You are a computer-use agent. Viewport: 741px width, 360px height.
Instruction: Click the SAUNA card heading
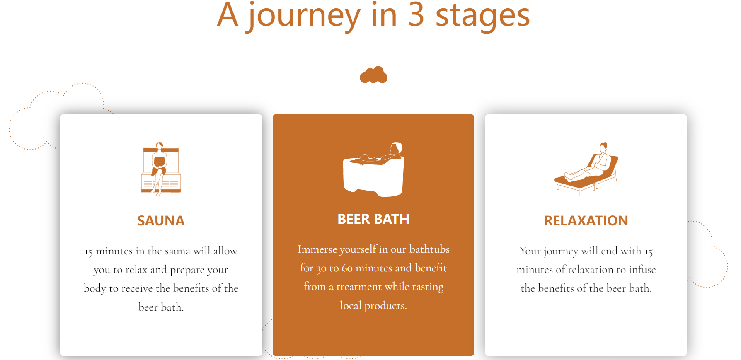pos(161,220)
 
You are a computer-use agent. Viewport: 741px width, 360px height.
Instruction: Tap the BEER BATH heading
pos(373,219)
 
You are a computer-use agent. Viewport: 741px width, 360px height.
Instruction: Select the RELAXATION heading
pos(586,220)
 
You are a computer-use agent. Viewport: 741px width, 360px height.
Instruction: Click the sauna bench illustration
pos(161,169)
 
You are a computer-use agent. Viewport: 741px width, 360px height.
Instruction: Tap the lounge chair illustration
pos(586,169)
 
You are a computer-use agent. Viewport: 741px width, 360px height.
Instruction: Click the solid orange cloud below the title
pos(373,75)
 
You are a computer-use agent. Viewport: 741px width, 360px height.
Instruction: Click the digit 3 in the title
pos(416,15)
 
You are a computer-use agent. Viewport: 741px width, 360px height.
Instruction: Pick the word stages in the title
pos(483,17)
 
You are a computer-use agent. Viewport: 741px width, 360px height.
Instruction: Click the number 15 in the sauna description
pos(89,252)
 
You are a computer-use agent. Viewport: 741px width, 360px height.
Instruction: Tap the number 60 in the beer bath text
pos(347,268)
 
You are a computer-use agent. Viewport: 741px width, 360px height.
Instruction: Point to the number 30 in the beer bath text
pos(321,269)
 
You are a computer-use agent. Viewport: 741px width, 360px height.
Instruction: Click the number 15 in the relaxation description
pos(649,252)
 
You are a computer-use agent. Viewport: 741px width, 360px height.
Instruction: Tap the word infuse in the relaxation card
pos(642,270)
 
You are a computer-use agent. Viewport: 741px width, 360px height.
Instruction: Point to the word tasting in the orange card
pos(428,287)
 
